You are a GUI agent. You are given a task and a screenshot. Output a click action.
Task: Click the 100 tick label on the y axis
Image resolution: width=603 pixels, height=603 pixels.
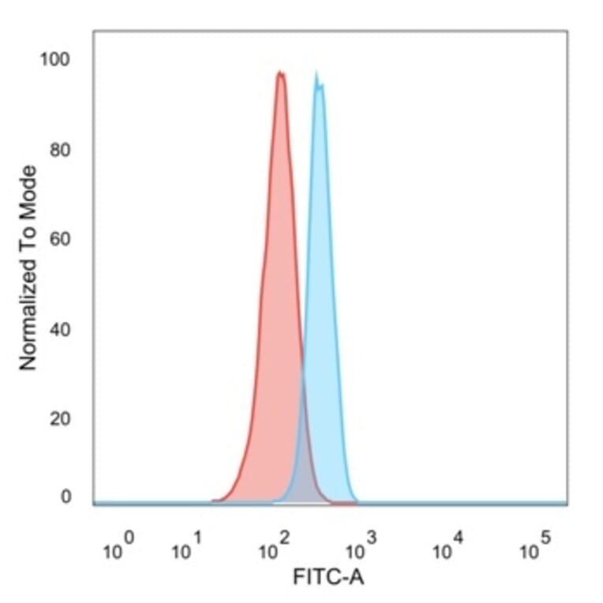56,60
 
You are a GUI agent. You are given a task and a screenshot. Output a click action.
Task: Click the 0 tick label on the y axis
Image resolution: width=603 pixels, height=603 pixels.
66,497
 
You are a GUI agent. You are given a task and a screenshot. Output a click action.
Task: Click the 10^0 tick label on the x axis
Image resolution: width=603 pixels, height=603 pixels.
119,547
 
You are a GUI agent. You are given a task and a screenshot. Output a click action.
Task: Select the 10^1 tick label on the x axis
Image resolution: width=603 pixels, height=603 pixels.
186,547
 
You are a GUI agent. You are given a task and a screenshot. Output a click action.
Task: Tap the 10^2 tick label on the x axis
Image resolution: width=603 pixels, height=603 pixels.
274,547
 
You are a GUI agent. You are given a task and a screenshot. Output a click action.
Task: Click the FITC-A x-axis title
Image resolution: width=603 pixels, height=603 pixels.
328,578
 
